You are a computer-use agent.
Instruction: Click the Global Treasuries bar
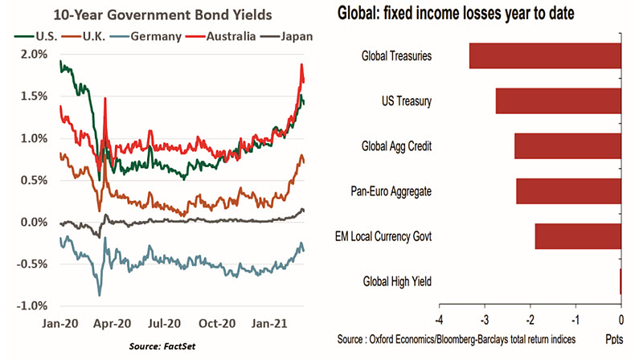tap(545, 56)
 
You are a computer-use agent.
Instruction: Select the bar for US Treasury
tap(559, 101)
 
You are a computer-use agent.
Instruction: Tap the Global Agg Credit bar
tap(567, 146)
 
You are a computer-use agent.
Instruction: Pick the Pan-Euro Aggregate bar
tap(568, 190)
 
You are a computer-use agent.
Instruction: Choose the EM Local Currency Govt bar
tap(578, 236)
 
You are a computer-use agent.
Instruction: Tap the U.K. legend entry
tap(87, 37)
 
